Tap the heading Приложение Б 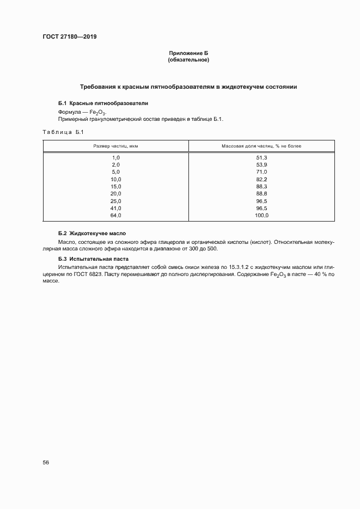pos(188,53)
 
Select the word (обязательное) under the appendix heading pos(188,60)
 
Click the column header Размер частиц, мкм pos(115,146)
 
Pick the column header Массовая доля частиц pos(261,146)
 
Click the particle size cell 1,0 pos(115,157)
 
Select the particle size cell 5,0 pos(115,171)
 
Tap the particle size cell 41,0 pos(115,208)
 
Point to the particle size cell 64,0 pos(115,216)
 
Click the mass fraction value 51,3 pos(261,157)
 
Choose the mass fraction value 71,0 pos(261,171)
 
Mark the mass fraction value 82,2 pos(261,179)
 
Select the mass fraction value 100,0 pos(261,216)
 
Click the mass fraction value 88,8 pos(261,193)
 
